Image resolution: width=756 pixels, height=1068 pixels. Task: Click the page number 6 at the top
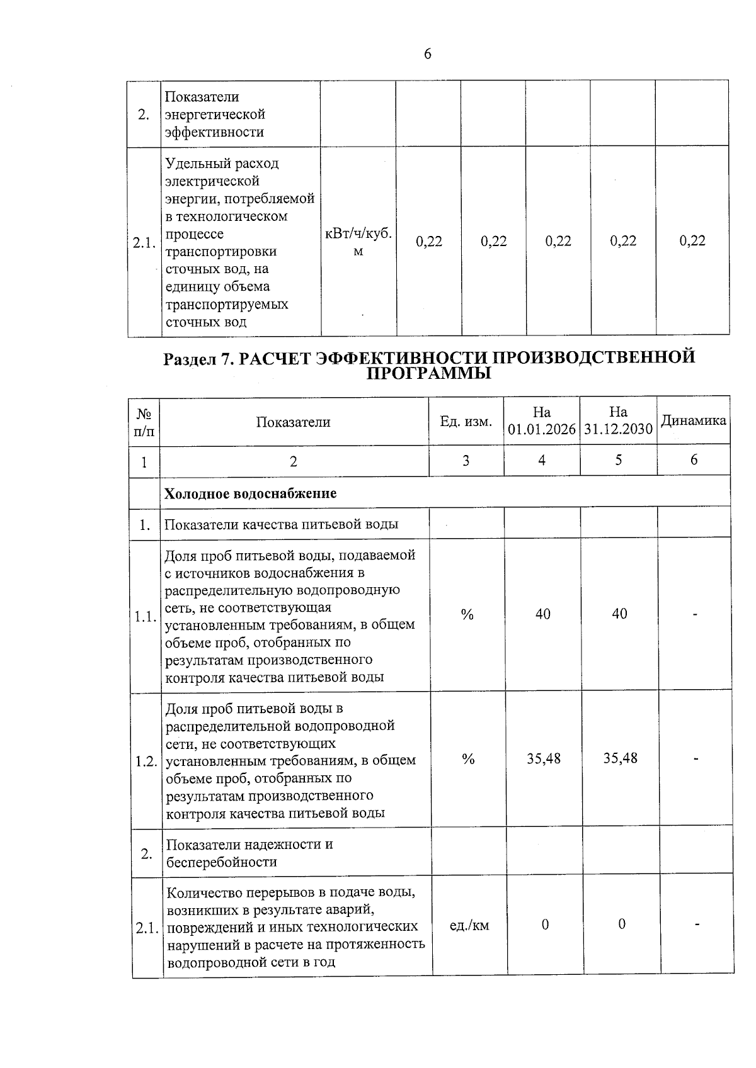coord(428,55)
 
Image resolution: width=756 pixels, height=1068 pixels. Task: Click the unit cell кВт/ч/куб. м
coord(358,242)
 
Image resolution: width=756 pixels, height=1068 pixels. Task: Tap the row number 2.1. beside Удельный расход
coord(144,244)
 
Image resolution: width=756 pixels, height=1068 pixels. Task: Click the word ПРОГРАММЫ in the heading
coord(428,374)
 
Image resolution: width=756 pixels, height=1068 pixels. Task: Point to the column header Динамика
coord(693,420)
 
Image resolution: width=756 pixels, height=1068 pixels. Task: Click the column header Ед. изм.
coord(466,422)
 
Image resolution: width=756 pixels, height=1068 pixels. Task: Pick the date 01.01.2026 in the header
coord(542,429)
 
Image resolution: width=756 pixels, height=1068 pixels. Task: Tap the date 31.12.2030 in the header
coord(618,429)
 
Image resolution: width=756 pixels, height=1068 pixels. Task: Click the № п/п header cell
coord(144,422)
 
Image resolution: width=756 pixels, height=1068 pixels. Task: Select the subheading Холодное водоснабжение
coord(251,493)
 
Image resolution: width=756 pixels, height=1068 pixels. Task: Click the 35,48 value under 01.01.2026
coord(544,758)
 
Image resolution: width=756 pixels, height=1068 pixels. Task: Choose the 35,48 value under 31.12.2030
coord(621,758)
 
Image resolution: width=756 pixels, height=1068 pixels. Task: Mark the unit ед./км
coord(469,925)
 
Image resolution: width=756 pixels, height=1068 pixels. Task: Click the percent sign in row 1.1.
coord(467,615)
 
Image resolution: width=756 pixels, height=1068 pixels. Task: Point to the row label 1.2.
coord(146,762)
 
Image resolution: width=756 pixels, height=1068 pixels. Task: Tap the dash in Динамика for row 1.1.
coord(695,615)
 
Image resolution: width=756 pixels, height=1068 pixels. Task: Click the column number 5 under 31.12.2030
coord(619,461)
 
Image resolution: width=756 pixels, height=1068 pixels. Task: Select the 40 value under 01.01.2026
coord(542,614)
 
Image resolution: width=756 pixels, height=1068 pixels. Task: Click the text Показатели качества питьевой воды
coord(281,524)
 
